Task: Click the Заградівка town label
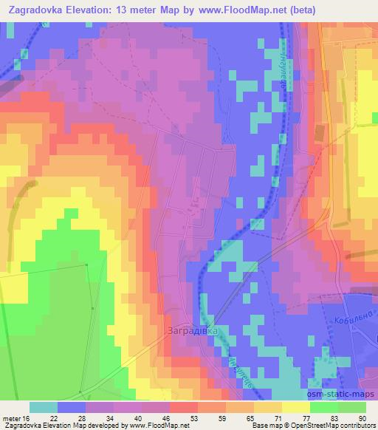pos(193,330)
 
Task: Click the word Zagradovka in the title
pos(35,10)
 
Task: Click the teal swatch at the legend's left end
pos(44,406)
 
